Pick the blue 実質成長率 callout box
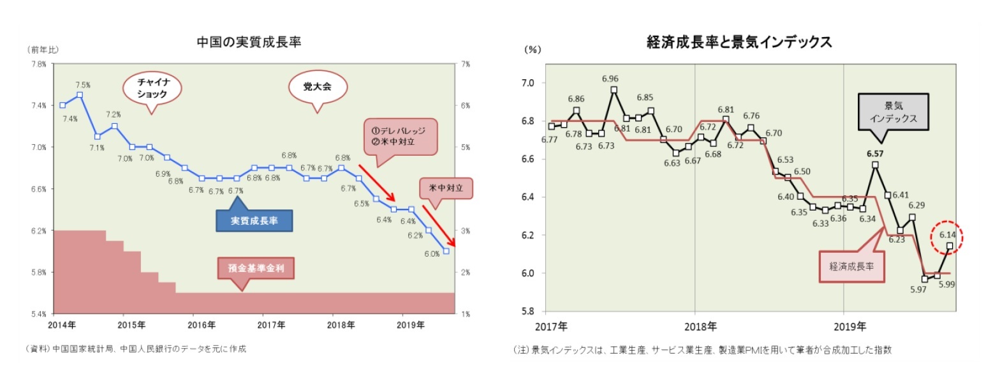click(x=254, y=221)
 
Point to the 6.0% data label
click(x=431, y=253)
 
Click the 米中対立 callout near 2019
click(x=446, y=188)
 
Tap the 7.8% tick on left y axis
click(x=38, y=64)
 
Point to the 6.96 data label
click(x=610, y=79)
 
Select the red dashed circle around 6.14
click(x=946, y=238)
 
